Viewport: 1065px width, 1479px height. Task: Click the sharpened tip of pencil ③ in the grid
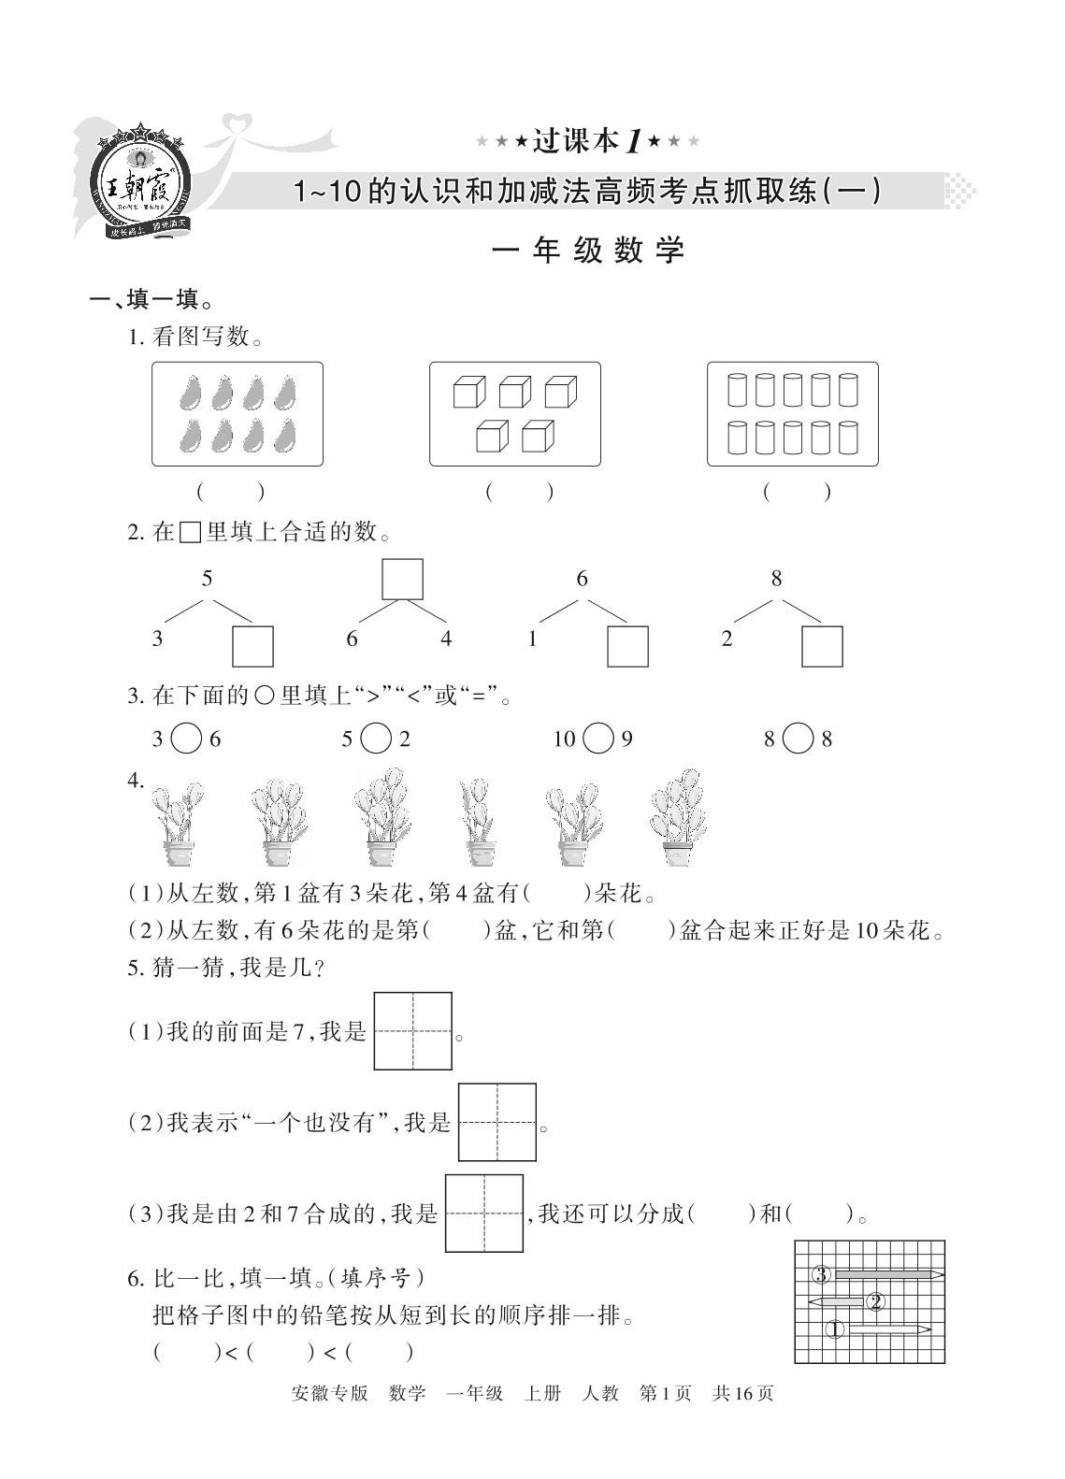coord(944,1274)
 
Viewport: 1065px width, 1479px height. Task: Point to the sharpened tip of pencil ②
coord(809,1301)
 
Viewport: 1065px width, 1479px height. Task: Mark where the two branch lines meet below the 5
coord(208,599)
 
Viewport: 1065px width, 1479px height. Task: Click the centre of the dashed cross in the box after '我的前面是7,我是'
coord(412,1030)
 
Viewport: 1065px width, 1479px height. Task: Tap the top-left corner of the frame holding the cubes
coord(430,362)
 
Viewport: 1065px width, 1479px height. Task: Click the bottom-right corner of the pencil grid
coord(944,1363)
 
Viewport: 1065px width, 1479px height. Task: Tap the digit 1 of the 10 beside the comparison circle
coord(558,739)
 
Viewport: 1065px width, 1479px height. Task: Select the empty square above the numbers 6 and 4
coord(402,579)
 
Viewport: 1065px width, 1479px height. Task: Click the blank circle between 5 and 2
coord(376,739)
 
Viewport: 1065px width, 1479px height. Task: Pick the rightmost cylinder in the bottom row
coord(848,438)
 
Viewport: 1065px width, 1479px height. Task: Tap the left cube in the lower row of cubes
coord(492,436)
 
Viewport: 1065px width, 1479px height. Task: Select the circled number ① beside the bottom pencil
coord(835,1328)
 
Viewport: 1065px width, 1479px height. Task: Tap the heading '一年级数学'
coord(588,251)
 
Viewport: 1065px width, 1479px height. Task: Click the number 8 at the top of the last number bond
coord(776,579)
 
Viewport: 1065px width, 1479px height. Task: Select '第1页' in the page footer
coord(665,1394)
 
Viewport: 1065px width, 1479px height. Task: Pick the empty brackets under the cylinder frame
coord(797,492)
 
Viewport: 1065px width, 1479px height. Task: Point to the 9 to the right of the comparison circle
coord(626,739)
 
